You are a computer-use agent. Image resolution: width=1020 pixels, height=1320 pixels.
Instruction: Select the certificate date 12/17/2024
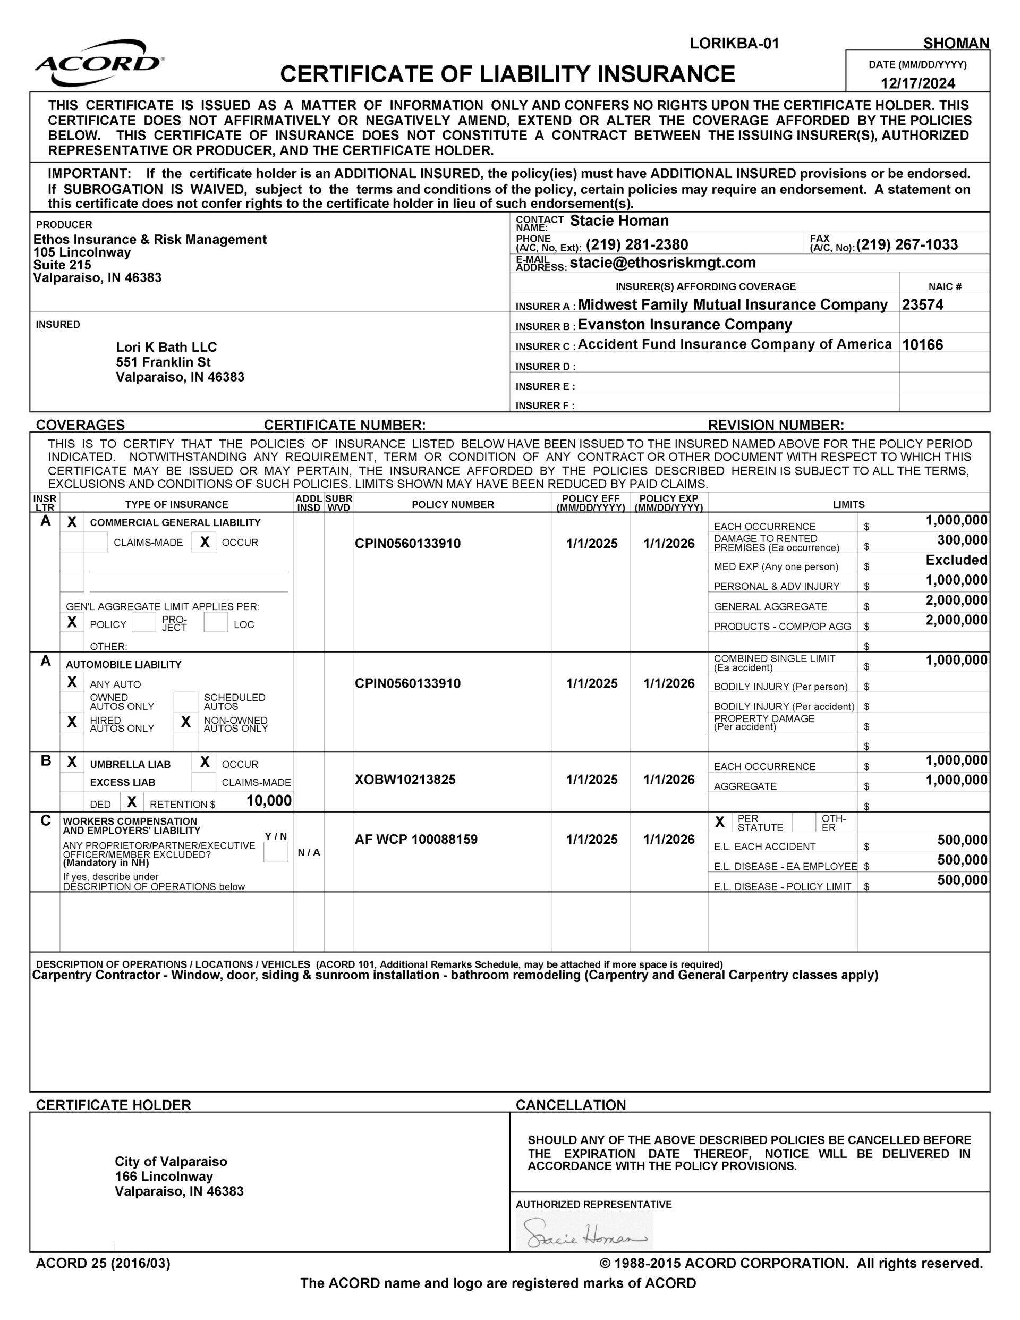click(917, 83)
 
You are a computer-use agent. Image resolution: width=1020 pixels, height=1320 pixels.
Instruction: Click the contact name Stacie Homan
click(619, 221)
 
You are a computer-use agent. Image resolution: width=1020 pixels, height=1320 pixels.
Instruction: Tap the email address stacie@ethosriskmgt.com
click(662, 263)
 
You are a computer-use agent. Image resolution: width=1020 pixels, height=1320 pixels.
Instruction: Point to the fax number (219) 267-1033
click(906, 245)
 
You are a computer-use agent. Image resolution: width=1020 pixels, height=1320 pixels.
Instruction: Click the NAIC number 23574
click(922, 304)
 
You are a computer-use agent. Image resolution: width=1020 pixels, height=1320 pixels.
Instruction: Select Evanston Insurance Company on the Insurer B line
click(684, 325)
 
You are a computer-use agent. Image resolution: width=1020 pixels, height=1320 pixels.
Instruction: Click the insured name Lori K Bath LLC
click(166, 347)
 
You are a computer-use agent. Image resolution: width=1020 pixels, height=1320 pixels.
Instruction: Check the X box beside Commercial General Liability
click(72, 522)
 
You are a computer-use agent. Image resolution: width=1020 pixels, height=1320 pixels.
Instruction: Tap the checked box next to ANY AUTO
click(72, 682)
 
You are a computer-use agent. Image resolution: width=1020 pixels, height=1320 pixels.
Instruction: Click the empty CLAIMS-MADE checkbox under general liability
click(96, 542)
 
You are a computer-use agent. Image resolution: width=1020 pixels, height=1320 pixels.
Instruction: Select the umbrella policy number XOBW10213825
click(405, 780)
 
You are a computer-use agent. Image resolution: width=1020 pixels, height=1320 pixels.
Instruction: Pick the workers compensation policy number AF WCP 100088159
click(416, 840)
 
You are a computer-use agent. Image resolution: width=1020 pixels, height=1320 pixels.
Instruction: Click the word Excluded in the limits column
click(956, 560)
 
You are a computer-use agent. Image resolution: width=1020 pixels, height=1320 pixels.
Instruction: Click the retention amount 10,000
click(269, 801)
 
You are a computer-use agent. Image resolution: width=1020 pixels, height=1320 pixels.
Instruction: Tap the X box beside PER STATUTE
click(720, 822)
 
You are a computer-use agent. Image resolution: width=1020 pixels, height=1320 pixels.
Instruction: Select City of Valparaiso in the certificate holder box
click(171, 1162)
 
